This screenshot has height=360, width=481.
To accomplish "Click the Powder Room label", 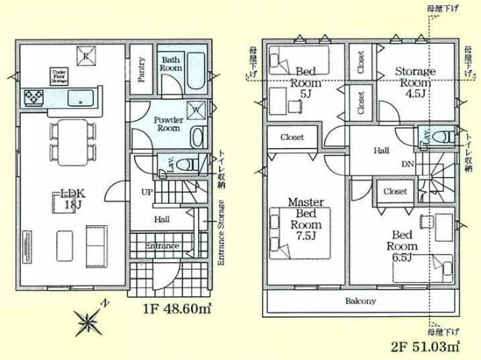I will coord(169,123).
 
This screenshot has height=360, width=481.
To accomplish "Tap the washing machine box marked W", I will coord(197,110).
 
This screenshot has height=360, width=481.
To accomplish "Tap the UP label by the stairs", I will coord(147,193).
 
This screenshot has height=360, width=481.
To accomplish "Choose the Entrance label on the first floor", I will coord(161,245).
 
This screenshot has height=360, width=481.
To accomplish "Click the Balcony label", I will coord(360,301).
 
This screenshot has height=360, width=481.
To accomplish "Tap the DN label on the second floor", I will coord(407,164).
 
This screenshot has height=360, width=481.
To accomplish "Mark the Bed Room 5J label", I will coord(306,82).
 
